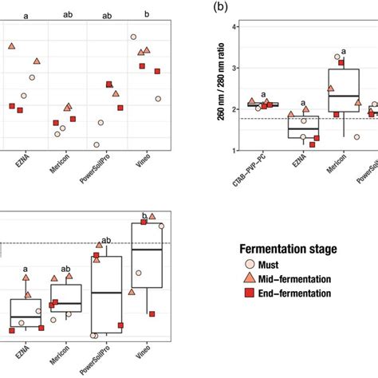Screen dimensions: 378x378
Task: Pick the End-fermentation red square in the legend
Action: pos(249,293)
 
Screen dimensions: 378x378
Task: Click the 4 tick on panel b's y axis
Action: pos(233,27)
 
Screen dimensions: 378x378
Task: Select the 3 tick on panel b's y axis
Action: pos(233,68)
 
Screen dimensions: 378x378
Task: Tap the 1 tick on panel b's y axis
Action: pos(233,150)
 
